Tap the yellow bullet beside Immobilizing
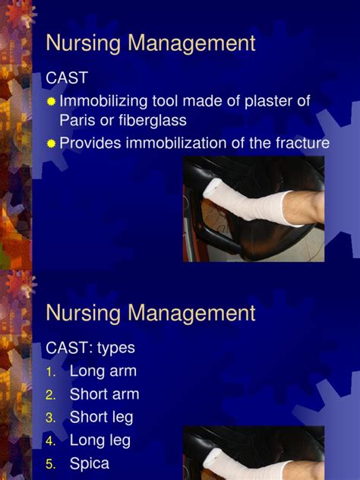pos(50,101)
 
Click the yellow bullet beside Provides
pos(50,143)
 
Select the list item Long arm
pos(103,371)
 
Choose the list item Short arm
pos(104,394)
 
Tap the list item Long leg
pos(100,440)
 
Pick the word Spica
pos(90,463)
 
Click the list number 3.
pos(50,418)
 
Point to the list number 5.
pos(50,463)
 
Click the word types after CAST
pos(115,348)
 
